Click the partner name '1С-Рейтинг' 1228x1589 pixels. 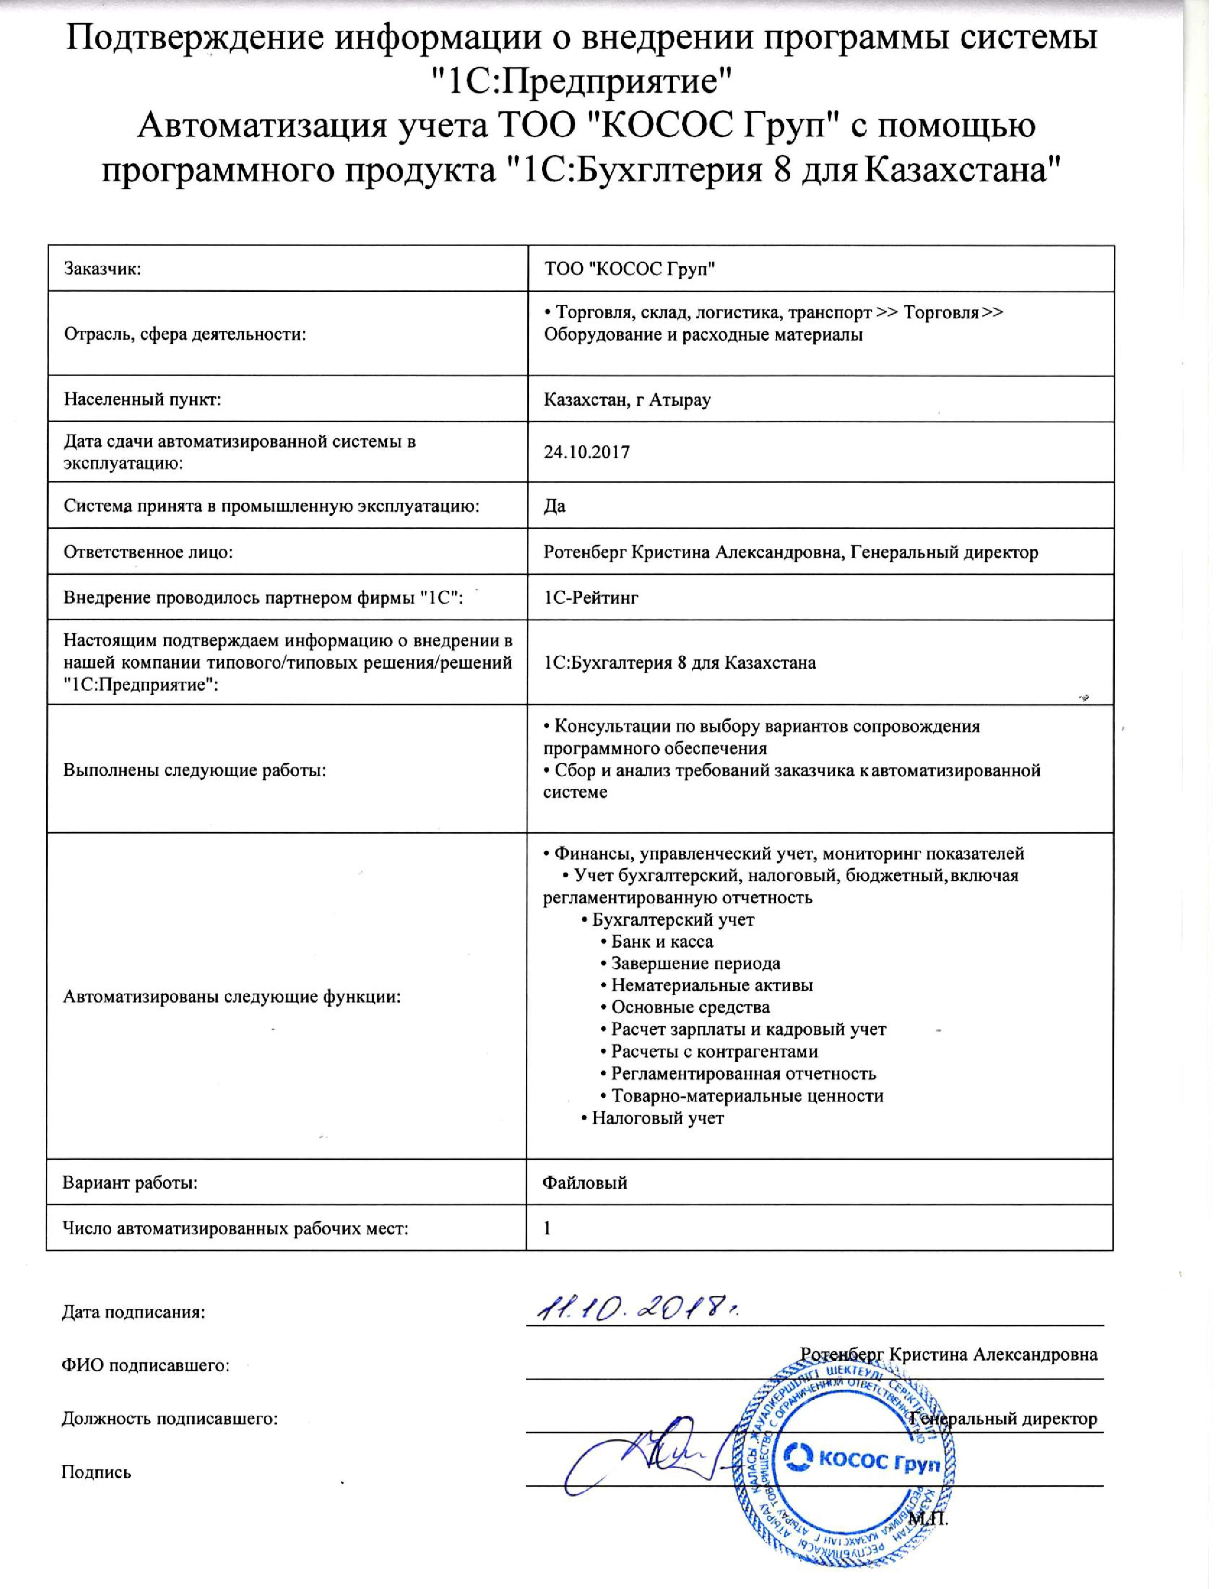[591, 598]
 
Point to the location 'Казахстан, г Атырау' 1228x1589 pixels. [627, 400]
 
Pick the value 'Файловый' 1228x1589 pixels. [585, 1182]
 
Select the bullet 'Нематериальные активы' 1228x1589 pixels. [711, 985]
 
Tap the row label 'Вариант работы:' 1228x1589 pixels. [130, 1182]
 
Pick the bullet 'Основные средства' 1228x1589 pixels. [690, 1007]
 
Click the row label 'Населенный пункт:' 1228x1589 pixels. [143, 400]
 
